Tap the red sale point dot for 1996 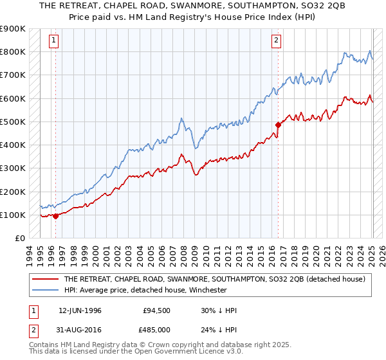(55, 216)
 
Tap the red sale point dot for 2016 (278, 125)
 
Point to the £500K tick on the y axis (13, 122)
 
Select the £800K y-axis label (13, 51)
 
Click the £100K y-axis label (13, 215)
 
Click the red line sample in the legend (46, 279)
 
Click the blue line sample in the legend (46, 290)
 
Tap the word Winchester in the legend (208, 290)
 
